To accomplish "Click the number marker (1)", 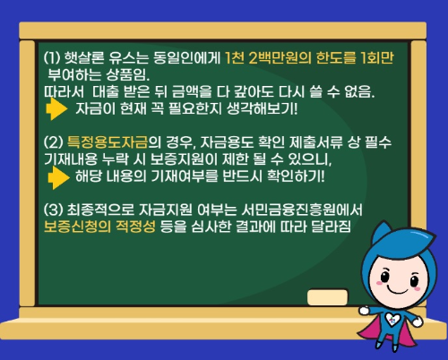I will coord(52,57).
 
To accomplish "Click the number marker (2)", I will coord(52,142).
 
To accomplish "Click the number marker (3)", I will coord(52,210).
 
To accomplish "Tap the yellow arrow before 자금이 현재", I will coord(56,109).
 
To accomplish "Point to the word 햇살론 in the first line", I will coord(88,57).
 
